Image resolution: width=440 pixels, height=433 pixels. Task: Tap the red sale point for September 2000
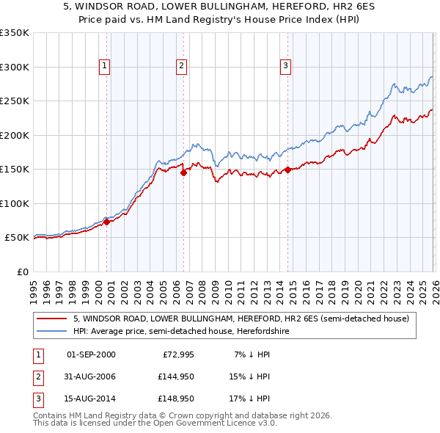[106, 222]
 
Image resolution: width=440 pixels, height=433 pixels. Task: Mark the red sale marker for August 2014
[287, 170]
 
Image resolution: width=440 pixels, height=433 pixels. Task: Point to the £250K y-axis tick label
[15, 101]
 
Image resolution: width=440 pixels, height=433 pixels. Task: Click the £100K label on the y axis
[15, 203]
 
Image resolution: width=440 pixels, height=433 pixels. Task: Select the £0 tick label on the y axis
[22, 272]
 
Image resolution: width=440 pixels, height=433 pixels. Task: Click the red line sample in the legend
[52, 319]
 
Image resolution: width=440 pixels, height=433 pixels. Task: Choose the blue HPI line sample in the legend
[52, 332]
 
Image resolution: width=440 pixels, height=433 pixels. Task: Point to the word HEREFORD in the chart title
[282, 7]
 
